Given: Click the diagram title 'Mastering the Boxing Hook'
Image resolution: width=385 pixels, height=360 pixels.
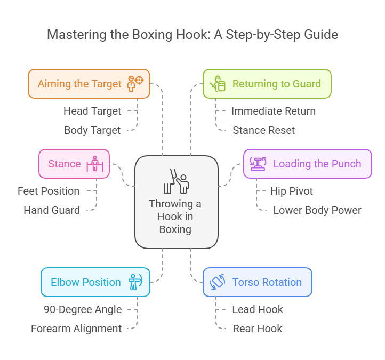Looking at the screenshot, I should click(x=192, y=35).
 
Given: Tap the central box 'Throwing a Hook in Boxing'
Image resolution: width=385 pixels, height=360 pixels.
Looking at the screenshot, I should click(x=176, y=202).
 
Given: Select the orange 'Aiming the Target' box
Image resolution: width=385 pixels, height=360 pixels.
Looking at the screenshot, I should click(x=89, y=84).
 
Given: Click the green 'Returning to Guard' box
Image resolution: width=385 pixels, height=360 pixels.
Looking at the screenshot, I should click(x=267, y=84).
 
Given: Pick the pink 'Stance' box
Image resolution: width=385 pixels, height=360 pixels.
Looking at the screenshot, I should click(x=74, y=164).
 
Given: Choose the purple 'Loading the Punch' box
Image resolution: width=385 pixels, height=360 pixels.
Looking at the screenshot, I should click(x=307, y=164).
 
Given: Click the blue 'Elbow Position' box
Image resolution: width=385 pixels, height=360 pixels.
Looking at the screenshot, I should click(x=95, y=282).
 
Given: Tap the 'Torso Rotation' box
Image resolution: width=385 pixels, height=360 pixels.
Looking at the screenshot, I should click(x=257, y=282).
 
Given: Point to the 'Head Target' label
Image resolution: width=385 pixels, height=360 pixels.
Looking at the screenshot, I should click(x=92, y=111).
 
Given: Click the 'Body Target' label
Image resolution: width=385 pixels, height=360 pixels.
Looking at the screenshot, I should click(x=92, y=130).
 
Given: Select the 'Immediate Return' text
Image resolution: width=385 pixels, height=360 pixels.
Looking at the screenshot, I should click(x=273, y=111).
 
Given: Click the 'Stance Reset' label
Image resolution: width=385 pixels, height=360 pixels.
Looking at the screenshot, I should click(x=263, y=130).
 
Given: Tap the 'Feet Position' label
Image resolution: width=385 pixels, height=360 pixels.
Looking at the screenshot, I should click(x=49, y=191).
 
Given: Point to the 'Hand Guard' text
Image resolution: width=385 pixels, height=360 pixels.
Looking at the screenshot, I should click(x=52, y=210).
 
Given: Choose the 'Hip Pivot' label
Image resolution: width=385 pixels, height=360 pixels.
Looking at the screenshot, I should click(x=291, y=191).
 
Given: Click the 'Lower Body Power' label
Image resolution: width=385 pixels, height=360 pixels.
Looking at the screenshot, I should click(x=317, y=210).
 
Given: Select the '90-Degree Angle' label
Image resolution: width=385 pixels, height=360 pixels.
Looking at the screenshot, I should click(x=83, y=309).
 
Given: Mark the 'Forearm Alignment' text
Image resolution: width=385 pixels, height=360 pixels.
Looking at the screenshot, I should click(x=76, y=329).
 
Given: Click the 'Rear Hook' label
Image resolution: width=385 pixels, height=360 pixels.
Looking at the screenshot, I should click(x=258, y=329).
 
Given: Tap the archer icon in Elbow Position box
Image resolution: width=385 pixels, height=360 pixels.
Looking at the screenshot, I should click(x=135, y=282).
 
